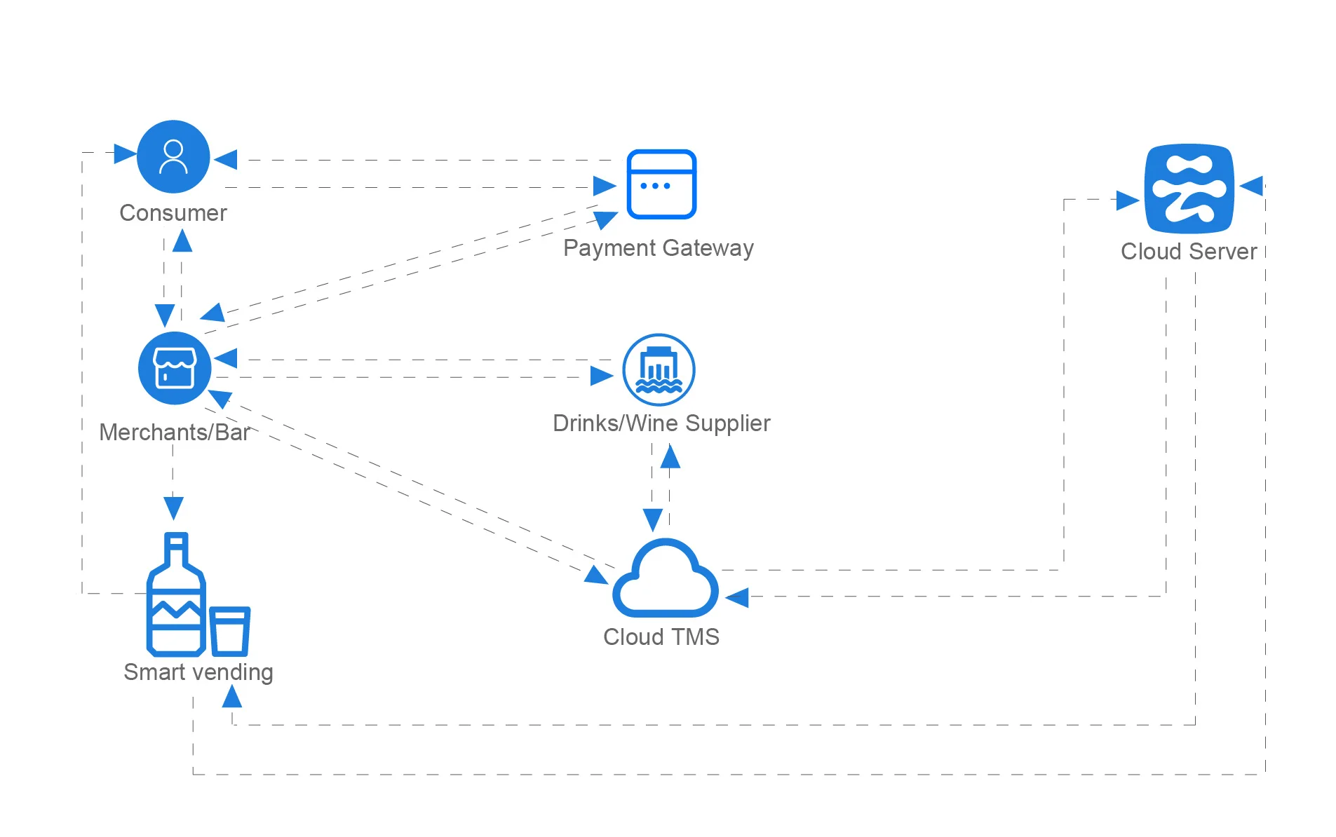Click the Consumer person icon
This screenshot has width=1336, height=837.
(173, 156)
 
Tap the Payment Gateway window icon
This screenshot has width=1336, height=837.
(661, 184)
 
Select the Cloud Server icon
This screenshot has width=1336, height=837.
(1189, 189)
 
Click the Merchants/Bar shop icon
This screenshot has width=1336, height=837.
(175, 368)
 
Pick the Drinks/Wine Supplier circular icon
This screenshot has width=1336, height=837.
(659, 369)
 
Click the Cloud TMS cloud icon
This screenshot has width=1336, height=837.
(665, 579)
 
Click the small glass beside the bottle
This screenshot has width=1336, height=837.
(229, 630)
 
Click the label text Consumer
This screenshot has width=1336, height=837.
(173, 213)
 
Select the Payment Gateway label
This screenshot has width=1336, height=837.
(659, 248)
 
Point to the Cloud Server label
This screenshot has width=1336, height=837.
(1189, 252)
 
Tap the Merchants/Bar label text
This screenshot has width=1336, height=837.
(175, 433)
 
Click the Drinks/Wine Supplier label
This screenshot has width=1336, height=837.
(661, 423)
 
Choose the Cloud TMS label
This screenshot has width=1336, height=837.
(661, 637)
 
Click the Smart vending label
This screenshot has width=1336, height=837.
(198, 672)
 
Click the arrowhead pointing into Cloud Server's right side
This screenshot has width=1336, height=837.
(1252, 186)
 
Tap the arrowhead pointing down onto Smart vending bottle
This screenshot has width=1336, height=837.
(173, 507)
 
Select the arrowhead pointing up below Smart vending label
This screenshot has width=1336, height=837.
(231, 697)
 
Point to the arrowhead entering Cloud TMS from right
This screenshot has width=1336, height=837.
(737, 598)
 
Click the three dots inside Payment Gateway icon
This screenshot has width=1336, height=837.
(655, 186)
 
